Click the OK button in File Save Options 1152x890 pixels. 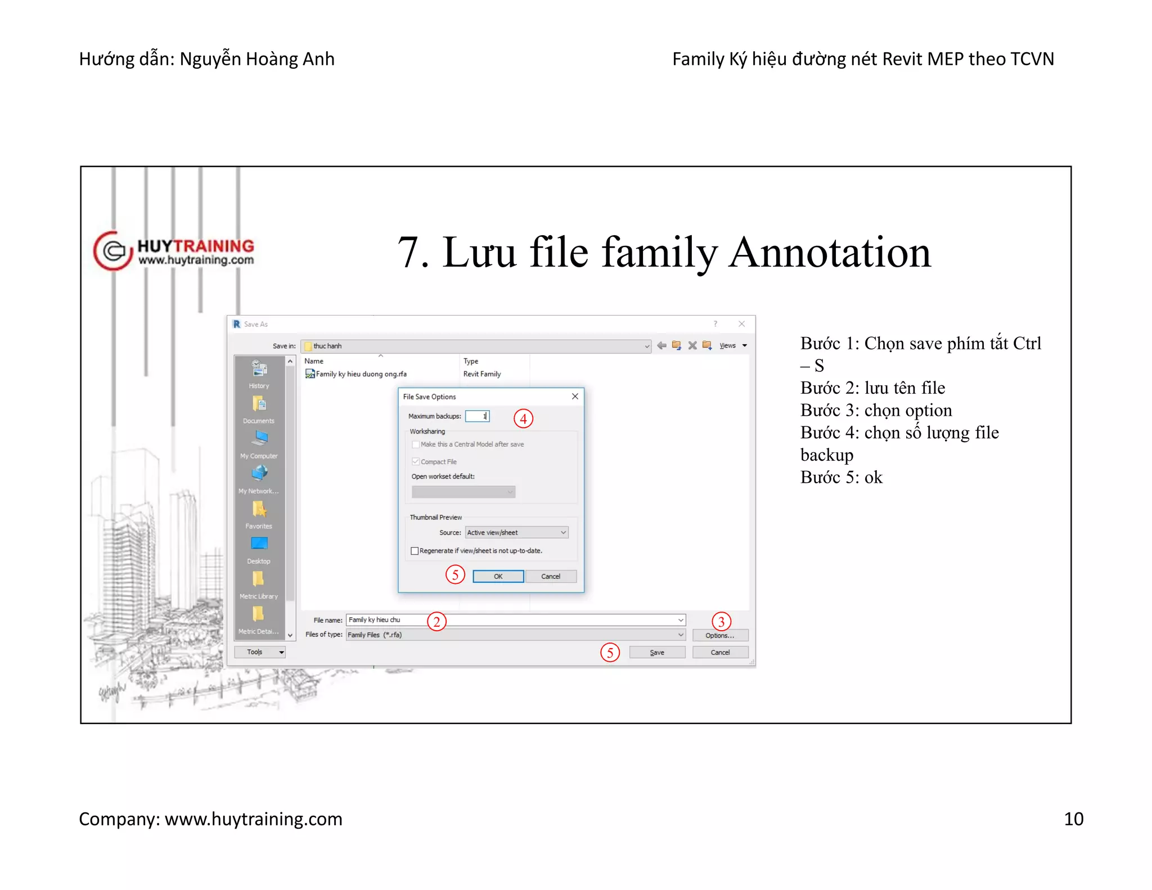coord(498,576)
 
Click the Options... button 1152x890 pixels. coord(719,635)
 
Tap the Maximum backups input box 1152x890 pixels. coord(477,416)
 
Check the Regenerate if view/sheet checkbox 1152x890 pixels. coord(415,551)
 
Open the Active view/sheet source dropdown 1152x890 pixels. coord(516,532)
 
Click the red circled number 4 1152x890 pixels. coord(523,419)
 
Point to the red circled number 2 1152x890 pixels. coord(436,622)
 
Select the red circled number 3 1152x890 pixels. coord(721,622)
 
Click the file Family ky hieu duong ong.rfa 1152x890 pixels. coord(360,374)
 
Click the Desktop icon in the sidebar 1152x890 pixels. coord(259,544)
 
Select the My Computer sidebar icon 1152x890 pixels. coord(259,439)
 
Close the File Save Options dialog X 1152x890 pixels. coord(575,397)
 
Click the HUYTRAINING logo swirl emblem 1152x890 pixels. coord(112,251)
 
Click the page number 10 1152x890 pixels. coord(1073,819)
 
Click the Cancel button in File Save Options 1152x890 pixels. coord(551,576)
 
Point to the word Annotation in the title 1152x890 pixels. coord(830,253)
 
